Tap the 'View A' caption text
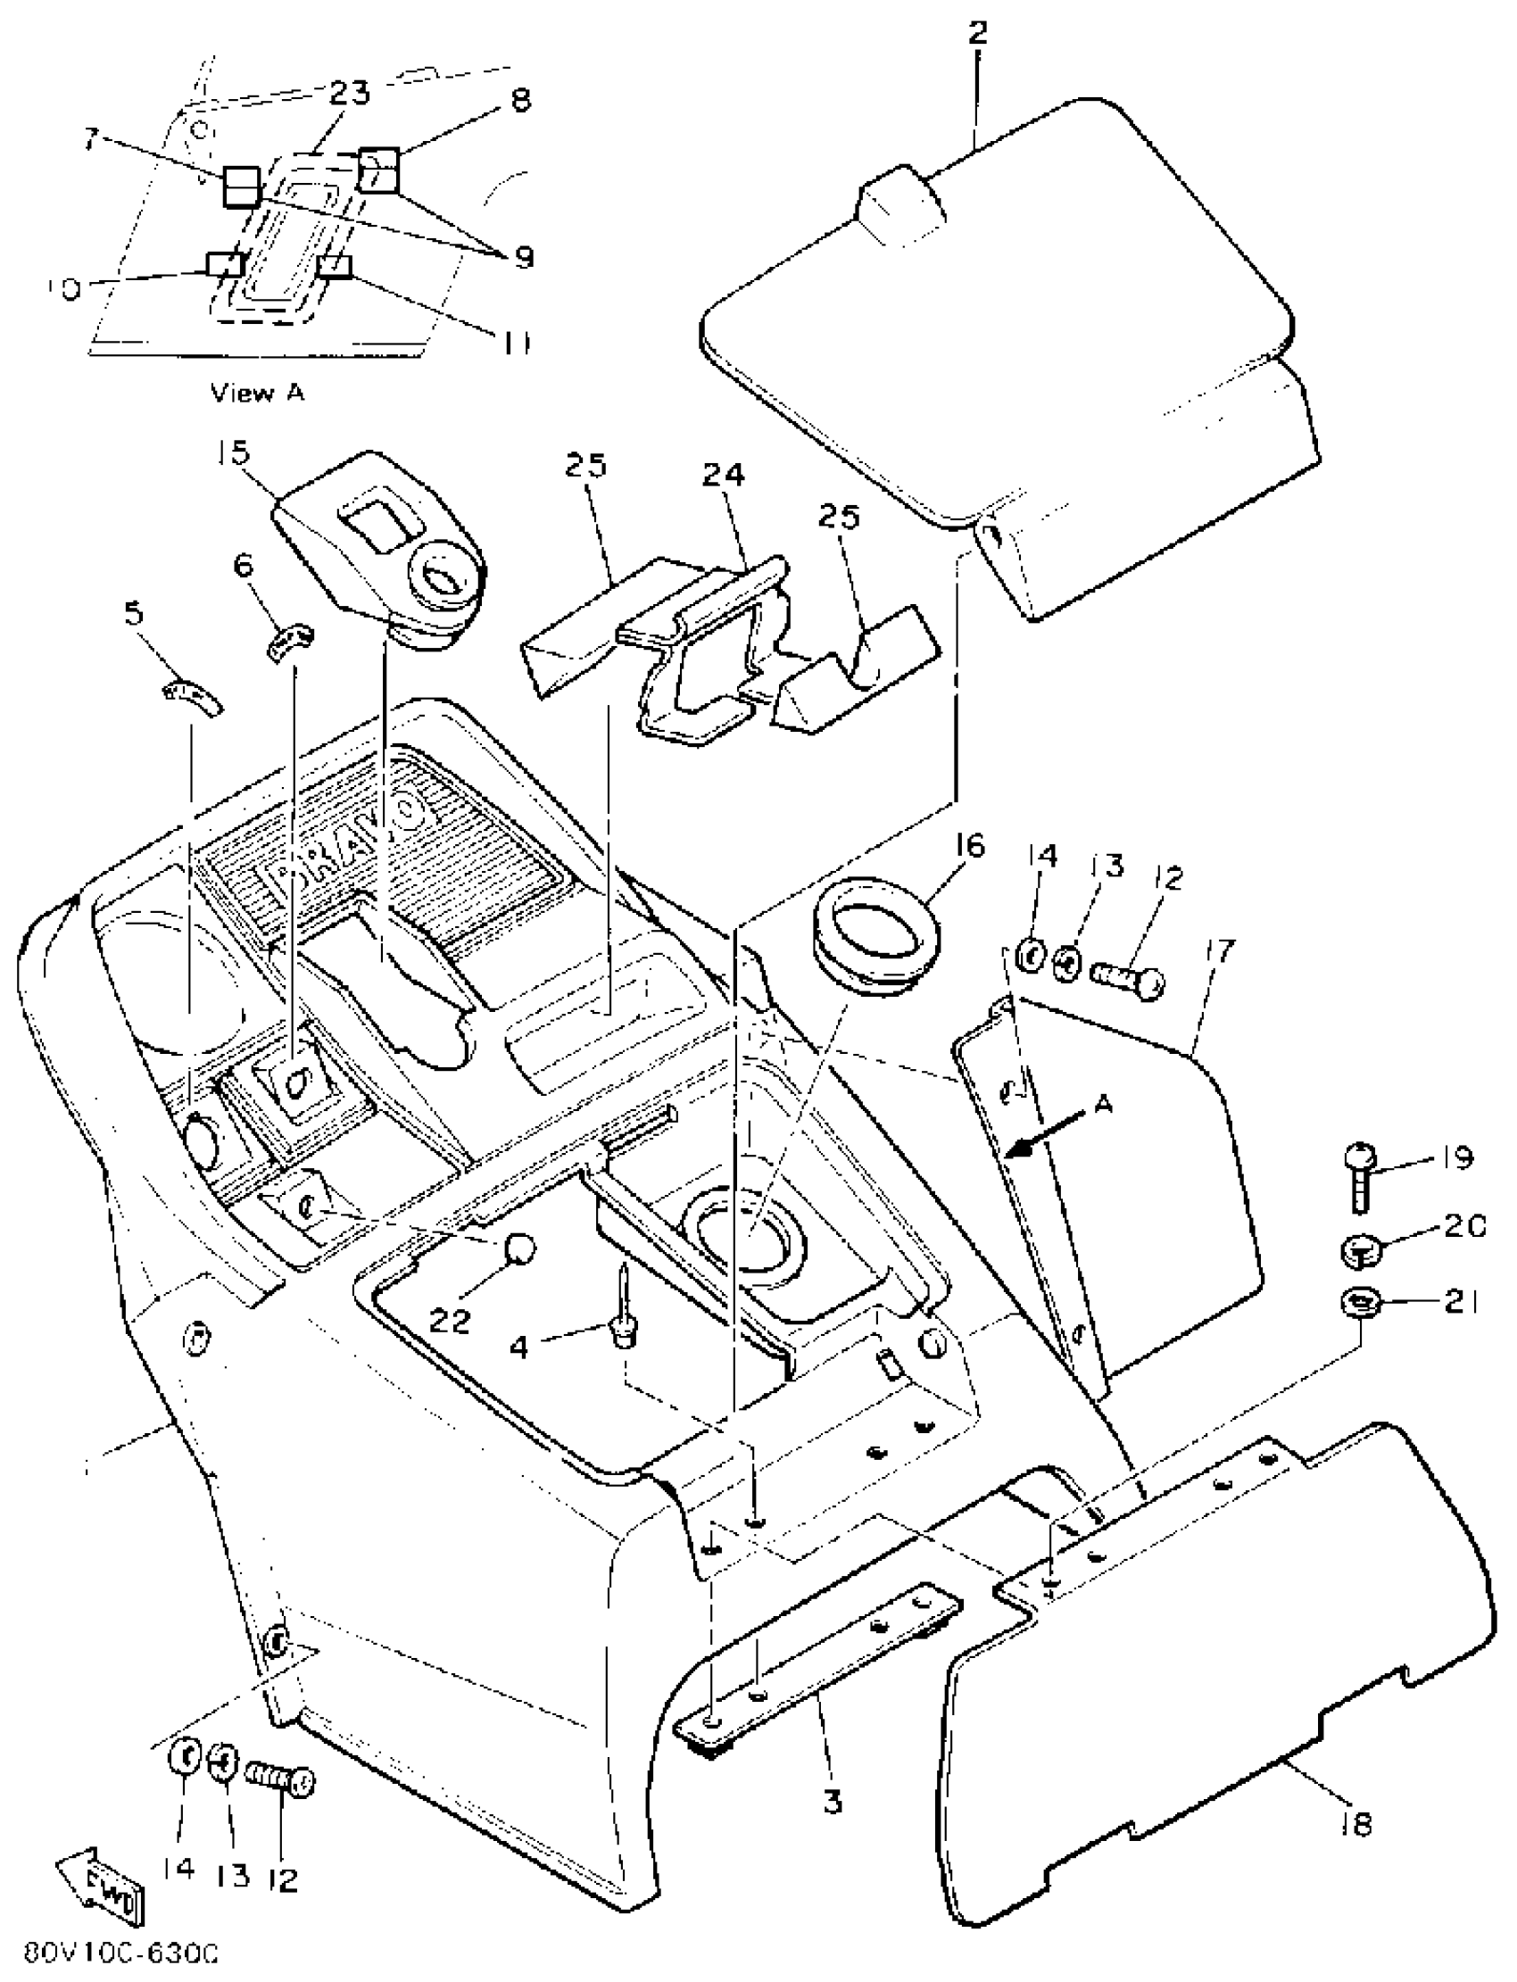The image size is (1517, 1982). coord(257,393)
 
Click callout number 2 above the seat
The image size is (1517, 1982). coord(977,33)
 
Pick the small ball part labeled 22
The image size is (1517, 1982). coord(518,1248)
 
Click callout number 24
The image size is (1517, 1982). coord(724,475)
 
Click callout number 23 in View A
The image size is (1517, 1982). coord(349,93)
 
